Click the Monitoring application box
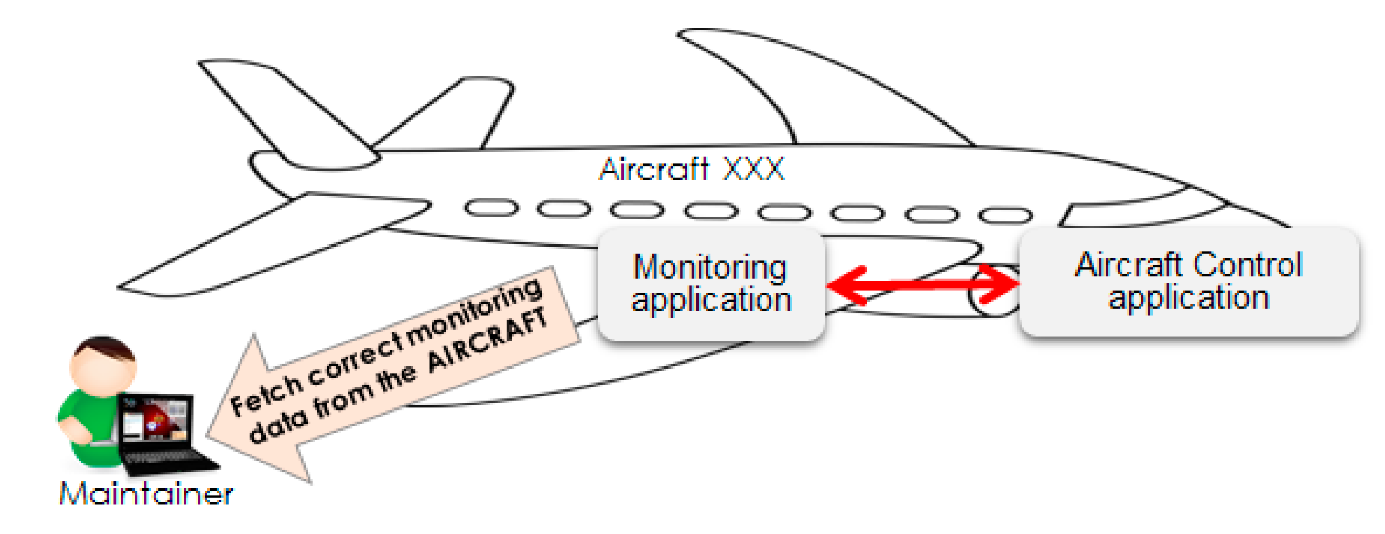[710, 284]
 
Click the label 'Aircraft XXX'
[692, 169]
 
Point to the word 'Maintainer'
[146, 494]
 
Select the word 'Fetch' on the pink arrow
[267, 394]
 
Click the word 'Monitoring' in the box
[710, 267]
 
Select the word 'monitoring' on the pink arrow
[474, 312]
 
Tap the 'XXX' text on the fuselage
[754, 169]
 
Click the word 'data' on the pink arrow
[278, 427]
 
